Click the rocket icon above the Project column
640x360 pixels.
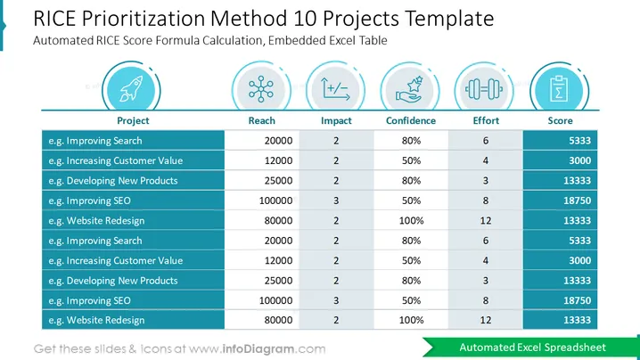131,88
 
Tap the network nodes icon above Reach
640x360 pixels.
261,88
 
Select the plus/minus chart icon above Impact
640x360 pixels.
335,88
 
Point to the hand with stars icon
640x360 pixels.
409,89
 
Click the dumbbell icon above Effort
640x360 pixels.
484,89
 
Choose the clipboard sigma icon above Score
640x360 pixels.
559,88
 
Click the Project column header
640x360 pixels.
133,120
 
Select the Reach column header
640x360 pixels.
262,120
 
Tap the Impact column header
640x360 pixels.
336,120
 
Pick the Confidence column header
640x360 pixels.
411,120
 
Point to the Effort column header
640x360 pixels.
486,120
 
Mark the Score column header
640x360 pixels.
560,120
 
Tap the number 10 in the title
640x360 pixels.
306,19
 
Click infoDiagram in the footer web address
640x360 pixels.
258,349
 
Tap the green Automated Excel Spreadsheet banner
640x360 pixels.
531,348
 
